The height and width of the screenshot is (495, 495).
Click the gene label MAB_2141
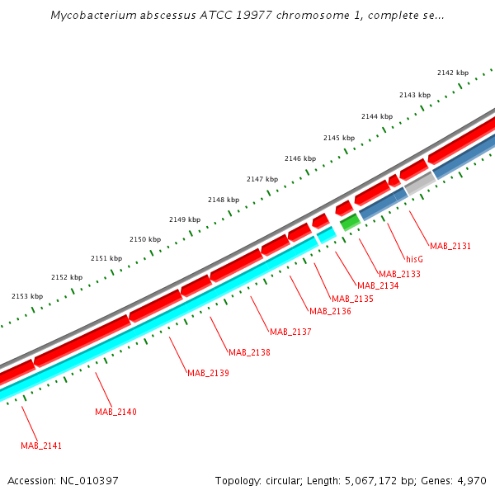(x=41, y=445)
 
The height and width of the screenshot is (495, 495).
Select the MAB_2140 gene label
(x=115, y=412)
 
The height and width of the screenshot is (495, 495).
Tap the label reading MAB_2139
(x=208, y=373)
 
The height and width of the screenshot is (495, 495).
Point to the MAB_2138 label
(x=249, y=352)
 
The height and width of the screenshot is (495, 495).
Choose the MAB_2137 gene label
(x=290, y=332)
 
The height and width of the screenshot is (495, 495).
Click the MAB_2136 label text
(x=330, y=311)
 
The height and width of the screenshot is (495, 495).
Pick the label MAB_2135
(x=352, y=298)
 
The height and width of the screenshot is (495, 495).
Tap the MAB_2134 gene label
(x=378, y=285)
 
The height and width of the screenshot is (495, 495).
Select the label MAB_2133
(x=399, y=273)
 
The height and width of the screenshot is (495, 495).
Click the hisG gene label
(x=414, y=259)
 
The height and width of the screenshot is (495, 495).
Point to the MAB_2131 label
(x=450, y=246)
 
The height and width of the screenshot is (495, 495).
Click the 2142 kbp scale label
(x=452, y=73)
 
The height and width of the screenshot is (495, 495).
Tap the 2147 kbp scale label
(x=262, y=179)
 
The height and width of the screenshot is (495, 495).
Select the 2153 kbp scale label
(x=26, y=296)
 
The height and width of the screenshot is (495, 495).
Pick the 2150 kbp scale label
(x=144, y=239)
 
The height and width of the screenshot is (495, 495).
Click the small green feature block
(x=350, y=221)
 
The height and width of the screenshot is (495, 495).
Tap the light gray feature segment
(x=420, y=183)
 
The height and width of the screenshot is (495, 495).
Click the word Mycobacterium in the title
(x=88, y=15)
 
